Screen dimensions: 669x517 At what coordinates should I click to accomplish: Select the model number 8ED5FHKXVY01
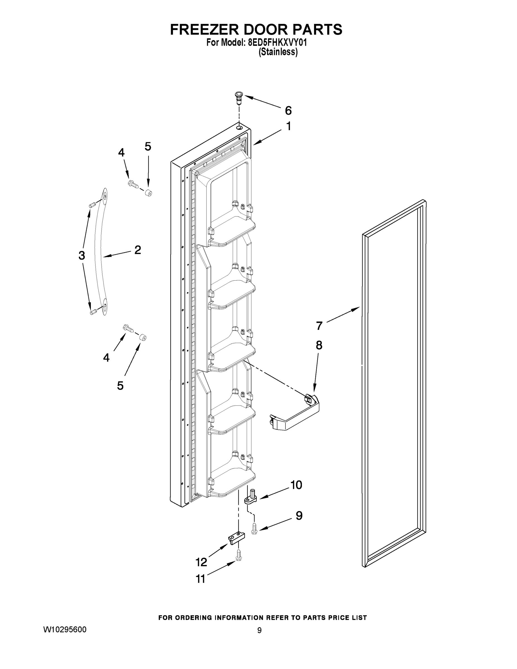[x=276, y=43]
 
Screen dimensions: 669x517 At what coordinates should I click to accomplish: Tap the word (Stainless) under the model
[x=278, y=52]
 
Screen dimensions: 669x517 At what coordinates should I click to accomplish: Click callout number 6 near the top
[x=288, y=111]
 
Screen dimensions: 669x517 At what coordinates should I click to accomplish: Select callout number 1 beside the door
[x=288, y=126]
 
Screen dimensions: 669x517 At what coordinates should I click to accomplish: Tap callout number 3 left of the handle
[x=81, y=255]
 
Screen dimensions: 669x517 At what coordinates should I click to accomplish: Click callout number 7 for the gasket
[x=319, y=326]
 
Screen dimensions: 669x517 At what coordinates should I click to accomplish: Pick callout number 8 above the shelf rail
[x=319, y=345]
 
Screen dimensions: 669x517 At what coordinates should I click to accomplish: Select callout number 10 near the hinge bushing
[x=296, y=484]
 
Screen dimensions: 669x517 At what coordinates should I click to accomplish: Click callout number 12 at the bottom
[x=202, y=562]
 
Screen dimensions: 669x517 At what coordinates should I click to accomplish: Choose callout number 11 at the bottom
[x=201, y=579]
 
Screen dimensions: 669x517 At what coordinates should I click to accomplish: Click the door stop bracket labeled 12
[x=237, y=538]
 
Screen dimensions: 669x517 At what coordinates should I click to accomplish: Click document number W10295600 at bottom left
[x=65, y=630]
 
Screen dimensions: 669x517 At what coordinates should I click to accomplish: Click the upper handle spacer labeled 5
[x=149, y=193]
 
